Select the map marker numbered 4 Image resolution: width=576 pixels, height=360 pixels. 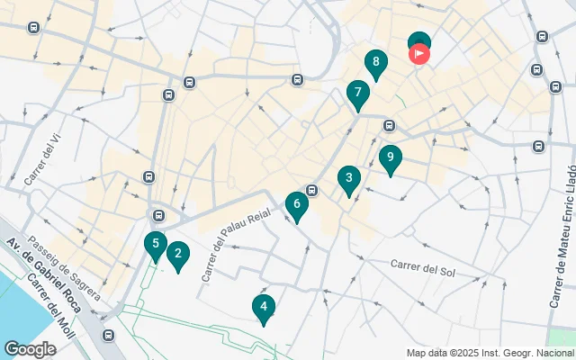263,308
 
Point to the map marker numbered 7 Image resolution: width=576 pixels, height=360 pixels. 358,94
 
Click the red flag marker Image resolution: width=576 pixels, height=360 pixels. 419,53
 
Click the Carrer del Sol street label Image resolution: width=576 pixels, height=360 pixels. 425,267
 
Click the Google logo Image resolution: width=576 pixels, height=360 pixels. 30,348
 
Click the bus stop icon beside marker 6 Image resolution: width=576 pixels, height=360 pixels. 312,190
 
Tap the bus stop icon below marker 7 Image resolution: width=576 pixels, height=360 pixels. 389,125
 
